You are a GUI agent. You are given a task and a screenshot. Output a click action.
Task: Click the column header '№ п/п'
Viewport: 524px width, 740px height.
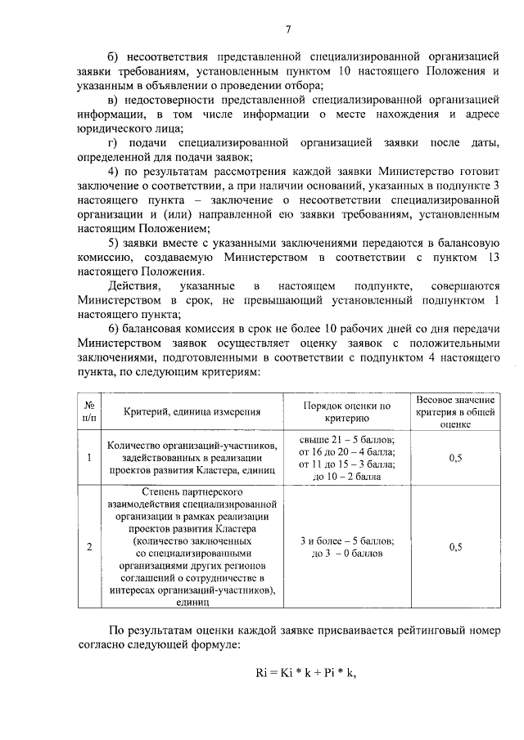[x=88, y=410]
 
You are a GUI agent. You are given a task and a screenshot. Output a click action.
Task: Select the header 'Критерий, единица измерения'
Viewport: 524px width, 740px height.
[x=193, y=411]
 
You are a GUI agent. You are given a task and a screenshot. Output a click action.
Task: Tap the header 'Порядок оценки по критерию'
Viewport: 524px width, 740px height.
[x=347, y=410]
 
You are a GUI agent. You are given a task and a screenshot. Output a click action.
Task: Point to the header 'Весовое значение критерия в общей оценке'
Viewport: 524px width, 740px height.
[x=456, y=411]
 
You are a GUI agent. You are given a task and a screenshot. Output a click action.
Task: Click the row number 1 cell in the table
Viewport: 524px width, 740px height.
[x=88, y=457]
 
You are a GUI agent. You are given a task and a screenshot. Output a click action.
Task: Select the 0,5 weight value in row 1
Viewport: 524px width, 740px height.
[x=456, y=458]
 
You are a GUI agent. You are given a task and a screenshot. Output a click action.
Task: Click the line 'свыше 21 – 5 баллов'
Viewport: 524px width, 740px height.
[x=347, y=439]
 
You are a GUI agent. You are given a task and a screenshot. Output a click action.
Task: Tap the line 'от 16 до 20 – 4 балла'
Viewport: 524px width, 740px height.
[x=347, y=451]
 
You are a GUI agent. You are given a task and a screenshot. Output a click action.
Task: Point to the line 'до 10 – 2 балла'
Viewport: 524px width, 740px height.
[x=347, y=475]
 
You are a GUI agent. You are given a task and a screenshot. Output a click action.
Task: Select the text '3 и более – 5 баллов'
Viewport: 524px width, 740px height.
[x=347, y=540]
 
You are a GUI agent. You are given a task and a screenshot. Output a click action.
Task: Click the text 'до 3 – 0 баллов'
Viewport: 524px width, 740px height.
[x=347, y=553]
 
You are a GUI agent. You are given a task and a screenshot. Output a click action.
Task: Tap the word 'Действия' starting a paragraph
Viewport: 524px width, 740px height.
[x=133, y=285]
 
